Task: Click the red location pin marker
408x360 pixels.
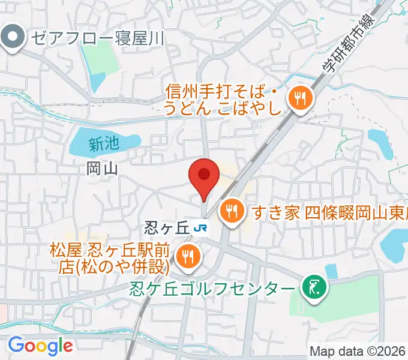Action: tap(204, 175)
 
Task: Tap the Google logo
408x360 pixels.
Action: tap(40, 346)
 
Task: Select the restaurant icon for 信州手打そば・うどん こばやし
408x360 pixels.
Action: tap(299, 99)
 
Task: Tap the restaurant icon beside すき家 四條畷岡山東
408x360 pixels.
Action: tap(230, 211)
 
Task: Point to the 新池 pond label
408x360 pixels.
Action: tap(103, 143)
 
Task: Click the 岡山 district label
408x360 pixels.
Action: tap(101, 169)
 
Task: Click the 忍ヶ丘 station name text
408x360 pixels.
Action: tap(167, 227)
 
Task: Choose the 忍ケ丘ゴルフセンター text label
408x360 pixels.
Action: tap(213, 289)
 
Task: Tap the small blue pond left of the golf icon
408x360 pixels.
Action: tap(331, 271)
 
